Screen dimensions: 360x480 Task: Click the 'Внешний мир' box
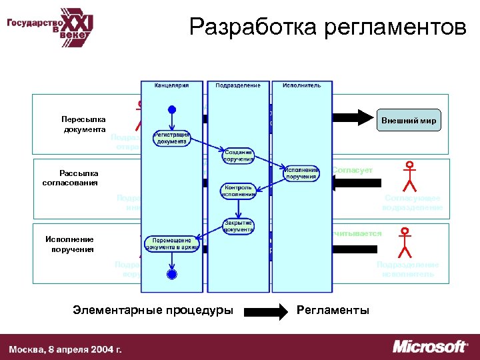pos(409,121)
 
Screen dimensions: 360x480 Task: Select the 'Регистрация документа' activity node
pos(172,138)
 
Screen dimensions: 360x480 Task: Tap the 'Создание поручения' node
pos(238,155)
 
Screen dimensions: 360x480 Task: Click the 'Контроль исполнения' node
pos(238,191)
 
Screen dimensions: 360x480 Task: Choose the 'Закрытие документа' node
pos(238,226)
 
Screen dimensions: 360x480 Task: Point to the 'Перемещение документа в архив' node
pos(172,244)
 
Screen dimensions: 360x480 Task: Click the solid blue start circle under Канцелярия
pos(171,109)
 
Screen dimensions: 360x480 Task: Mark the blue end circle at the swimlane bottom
pos(171,273)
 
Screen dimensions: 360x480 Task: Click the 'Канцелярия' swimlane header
pos(171,85)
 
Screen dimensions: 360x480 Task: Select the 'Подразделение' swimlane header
pos(238,85)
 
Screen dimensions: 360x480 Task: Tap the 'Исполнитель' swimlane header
pos(301,85)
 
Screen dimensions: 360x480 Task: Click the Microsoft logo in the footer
pos(430,347)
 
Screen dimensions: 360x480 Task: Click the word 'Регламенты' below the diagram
pos(333,310)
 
